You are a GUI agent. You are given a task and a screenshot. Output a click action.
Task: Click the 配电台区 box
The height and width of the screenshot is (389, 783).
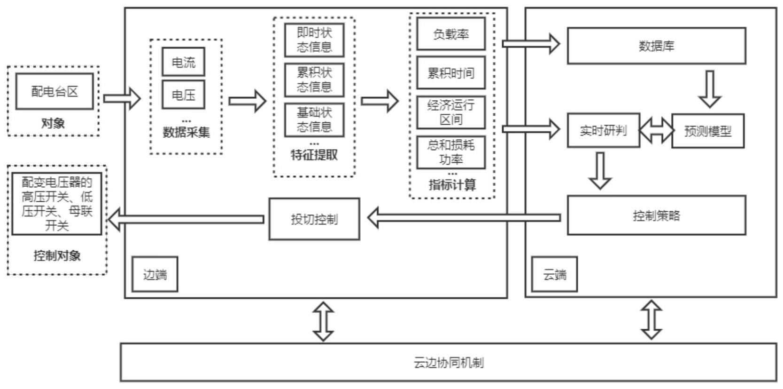[54, 91]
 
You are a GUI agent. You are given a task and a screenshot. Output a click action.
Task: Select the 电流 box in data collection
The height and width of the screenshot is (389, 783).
[183, 62]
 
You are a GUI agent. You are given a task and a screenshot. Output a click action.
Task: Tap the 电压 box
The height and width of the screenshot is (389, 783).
[183, 95]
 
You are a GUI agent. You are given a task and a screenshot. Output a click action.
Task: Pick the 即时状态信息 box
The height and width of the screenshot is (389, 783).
[314, 40]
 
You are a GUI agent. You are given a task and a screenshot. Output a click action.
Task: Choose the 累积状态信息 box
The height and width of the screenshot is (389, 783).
[314, 80]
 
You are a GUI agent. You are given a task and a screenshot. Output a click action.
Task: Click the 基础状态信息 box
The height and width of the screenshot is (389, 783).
[314, 120]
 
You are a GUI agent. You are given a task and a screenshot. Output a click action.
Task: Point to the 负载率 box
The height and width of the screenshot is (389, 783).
[451, 34]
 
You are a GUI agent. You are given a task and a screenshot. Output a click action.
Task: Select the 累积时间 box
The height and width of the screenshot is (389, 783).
[451, 73]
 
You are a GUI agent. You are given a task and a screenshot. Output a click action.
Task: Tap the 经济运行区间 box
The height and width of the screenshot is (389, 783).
[451, 112]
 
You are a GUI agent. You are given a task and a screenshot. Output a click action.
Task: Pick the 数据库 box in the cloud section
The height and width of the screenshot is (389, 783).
[656, 46]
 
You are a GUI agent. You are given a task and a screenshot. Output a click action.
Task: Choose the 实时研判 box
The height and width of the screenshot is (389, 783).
[603, 130]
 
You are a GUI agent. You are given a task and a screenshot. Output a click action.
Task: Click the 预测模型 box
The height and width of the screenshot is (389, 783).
[708, 131]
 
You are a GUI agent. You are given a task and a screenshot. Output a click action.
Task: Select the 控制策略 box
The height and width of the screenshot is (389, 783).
[656, 215]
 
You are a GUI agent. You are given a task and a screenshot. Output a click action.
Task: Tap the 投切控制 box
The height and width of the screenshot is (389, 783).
[314, 219]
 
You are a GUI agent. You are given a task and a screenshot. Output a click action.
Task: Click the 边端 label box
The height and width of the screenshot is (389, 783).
[155, 274]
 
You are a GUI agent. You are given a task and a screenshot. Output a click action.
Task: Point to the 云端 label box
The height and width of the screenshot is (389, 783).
[554, 274]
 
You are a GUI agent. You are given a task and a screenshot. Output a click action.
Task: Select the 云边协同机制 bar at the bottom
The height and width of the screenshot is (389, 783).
[448, 362]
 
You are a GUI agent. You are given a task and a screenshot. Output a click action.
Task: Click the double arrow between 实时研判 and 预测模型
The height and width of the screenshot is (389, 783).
[656, 130]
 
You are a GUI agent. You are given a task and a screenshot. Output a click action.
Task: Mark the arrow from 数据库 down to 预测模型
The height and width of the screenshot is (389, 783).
[710, 89]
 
